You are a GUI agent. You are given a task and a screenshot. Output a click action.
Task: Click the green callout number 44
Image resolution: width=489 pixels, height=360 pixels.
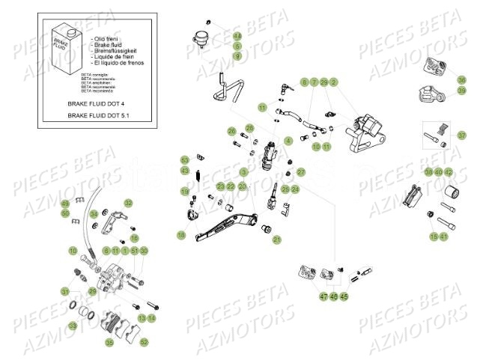coord(237,36)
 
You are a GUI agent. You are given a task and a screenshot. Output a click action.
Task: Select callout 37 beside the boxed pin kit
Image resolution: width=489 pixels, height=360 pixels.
coord(461,135)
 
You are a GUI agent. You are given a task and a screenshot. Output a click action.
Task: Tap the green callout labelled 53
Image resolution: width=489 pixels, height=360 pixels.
coord(184,159)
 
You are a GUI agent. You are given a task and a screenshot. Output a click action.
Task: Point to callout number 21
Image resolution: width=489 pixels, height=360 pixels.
coord(276,240)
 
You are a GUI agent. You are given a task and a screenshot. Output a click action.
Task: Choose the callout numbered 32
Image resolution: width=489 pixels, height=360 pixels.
coord(128,203)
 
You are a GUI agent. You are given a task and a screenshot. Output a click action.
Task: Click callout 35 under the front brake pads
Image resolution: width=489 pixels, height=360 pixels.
coord(109,343)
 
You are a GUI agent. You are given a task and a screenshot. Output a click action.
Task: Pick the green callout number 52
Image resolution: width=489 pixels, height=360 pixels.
coord(144,342)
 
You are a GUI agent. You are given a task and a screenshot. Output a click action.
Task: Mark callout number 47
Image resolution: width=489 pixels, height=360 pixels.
coord(324,297)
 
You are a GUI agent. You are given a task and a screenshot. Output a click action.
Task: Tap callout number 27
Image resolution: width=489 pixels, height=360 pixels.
coord(301,172)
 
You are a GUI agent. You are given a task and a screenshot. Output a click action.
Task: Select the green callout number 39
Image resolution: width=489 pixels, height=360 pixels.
coord(461,91)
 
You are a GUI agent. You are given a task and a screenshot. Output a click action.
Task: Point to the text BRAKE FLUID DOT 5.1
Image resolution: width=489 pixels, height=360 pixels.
coord(105,115)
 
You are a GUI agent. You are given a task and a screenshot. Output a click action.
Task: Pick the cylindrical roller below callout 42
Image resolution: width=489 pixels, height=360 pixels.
coord(449,198)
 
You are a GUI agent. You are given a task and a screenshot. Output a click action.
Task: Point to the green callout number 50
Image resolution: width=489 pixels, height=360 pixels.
coord(66,213)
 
